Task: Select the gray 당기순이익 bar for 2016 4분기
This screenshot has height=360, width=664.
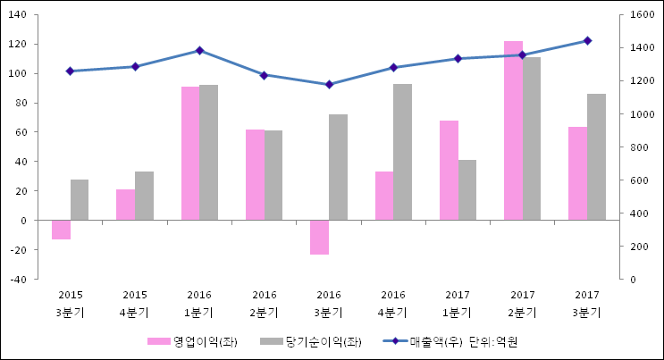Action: click(402, 152)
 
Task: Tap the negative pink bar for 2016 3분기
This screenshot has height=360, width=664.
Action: click(319, 237)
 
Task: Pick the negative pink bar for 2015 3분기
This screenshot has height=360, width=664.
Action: click(61, 230)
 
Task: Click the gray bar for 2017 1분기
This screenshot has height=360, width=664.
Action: click(467, 189)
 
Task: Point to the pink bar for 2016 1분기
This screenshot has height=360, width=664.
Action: click(190, 153)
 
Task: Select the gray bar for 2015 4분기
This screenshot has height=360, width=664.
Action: click(144, 196)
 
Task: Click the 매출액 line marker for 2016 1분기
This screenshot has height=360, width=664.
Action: click(199, 51)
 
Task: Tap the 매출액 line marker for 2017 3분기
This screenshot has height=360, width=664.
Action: click(587, 40)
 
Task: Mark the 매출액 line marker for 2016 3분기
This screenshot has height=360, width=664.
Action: click(329, 85)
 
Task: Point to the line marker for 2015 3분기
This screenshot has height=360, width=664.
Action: click(70, 71)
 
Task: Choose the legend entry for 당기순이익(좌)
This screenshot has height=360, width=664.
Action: click(312, 342)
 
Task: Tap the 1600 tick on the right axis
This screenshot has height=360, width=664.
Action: click(637, 15)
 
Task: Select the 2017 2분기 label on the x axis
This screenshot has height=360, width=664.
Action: click(523, 304)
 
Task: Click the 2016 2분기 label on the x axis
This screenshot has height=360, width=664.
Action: click(265, 304)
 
